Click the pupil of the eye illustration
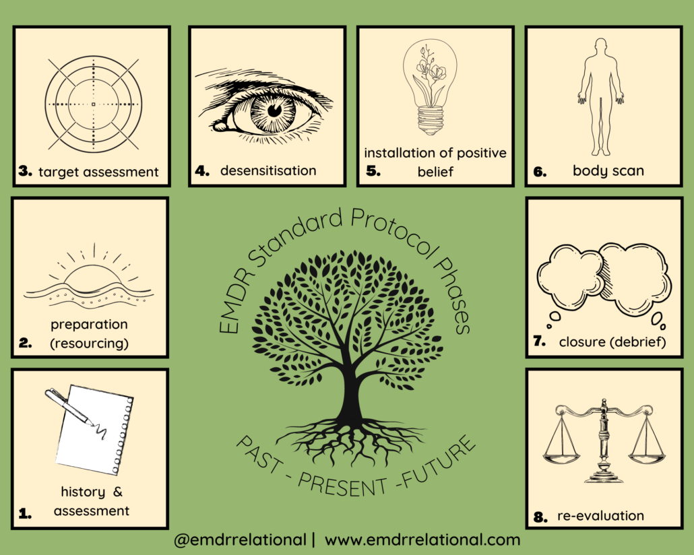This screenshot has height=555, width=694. pyautogui.click(x=275, y=110)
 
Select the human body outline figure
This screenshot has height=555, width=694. pyautogui.click(x=600, y=96)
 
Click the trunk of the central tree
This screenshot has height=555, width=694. pyautogui.click(x=350, y=389)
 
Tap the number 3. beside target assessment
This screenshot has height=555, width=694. pyautogui.click(x=25, y=171)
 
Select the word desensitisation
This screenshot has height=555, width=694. pyautogui.click(x=268, y=170)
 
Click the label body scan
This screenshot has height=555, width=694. pyautogui.click(x=608, y=171)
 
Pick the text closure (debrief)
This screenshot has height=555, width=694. pyautogui.click(x=612, y=341)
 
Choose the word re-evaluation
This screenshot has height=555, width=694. pyautogui.click(x=600, y=516)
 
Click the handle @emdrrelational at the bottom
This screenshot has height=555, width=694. pyautogui.click(x=240, y=540)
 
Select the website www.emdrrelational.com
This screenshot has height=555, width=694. pyautogui.click(x=422, y=540)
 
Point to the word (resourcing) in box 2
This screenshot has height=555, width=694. pyautogui.click(x=89, y=344)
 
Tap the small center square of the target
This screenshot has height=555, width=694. pyautogui.click(x=94, y=104)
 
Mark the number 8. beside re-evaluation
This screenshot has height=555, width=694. pyautogui.click(x=540, y=517)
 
